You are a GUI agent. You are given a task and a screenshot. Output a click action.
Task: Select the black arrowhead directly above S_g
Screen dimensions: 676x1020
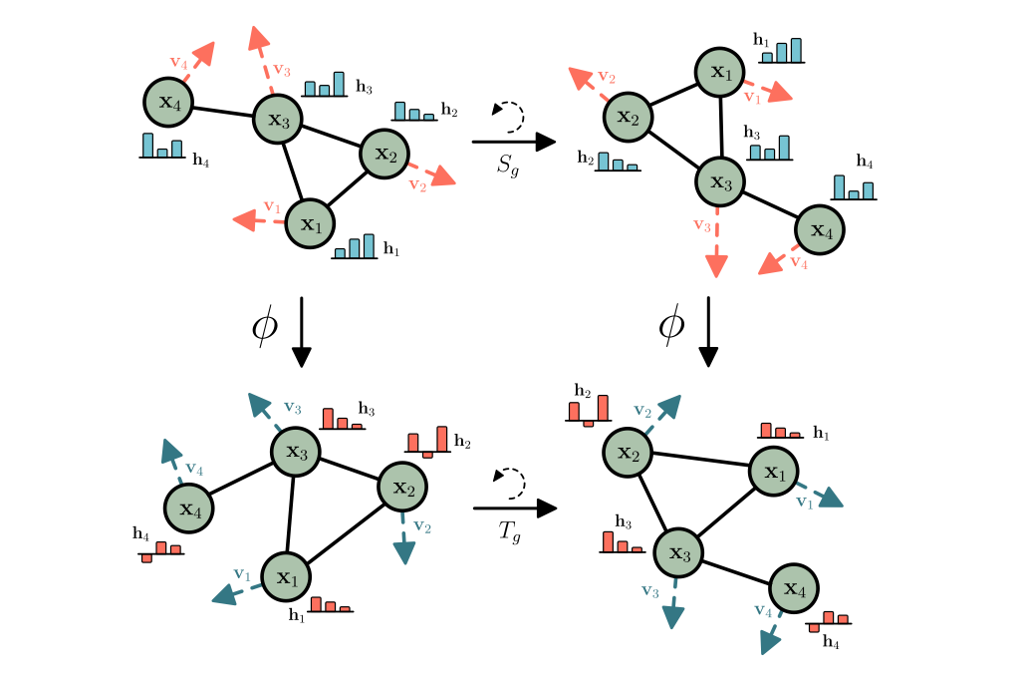[x=544, y=142]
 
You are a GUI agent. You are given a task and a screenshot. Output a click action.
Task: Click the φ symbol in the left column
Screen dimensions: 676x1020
[x=264, y=327]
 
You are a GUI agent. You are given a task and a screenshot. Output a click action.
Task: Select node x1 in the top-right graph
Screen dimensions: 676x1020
[x=720, y=73]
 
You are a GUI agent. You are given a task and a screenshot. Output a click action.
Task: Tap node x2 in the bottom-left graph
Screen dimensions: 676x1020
[x=402, y=488]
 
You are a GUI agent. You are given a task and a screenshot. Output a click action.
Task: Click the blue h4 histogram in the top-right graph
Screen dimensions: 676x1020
[x=854, y=187]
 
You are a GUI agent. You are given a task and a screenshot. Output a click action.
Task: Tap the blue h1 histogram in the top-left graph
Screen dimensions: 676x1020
[x=355, y=247]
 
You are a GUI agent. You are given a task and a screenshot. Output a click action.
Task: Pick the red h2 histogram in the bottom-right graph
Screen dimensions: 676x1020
[x=588, y=410]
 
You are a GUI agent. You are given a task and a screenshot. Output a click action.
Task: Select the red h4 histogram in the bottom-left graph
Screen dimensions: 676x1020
[x=160, y=551]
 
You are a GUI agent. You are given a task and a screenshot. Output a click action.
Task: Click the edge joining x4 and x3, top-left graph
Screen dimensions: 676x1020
[x=220, y=111]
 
